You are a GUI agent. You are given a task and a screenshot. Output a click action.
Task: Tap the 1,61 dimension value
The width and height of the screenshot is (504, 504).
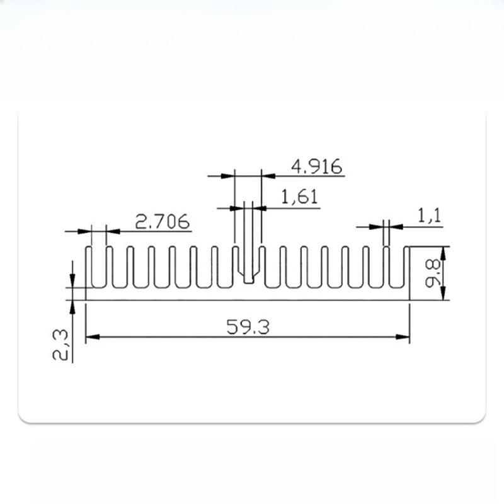[x=299, y=198]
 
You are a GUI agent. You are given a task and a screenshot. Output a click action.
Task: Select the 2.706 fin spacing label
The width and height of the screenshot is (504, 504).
[x=163, y=222]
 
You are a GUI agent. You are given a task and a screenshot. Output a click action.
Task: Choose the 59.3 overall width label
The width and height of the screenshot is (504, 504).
[x=248, y=327]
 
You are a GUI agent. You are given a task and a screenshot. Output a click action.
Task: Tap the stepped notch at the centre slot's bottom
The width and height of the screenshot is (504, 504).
[x=249, y=277]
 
